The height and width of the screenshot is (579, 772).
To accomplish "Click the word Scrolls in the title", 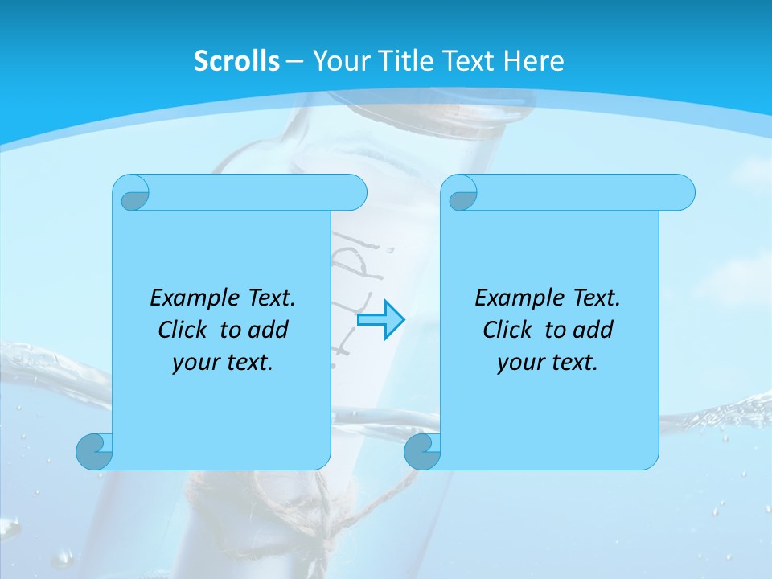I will pyautogui.click(x=236, y=61).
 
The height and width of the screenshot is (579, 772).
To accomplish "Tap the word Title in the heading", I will pyautogui.click(x=405, y=61).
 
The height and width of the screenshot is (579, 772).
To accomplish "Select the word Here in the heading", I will pyautogui.click(x=533, y=61).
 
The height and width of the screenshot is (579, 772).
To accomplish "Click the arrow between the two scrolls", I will pyautogui.click(x=380, y=319).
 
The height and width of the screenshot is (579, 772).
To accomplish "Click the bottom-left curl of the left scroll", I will pyautogui.click(x=94, y=451).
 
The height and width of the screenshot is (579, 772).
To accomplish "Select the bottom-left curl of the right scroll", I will pyautogui.click(x=422, y=451).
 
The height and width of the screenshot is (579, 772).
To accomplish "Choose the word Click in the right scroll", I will pyautogui.click(x=507, y=330).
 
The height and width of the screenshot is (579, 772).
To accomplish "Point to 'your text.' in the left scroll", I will pyautogui.click(x=223, y=363).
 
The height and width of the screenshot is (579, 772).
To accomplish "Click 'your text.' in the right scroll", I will pyautogui.click(x=548, y=363).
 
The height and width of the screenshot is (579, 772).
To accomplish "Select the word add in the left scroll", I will pyautogui.click(x=269, y=330).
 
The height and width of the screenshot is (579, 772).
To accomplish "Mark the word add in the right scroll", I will pyautogui.click(x=593, y=330).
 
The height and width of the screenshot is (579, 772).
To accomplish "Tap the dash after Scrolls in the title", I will pyautogui.click(x=294, y=61).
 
